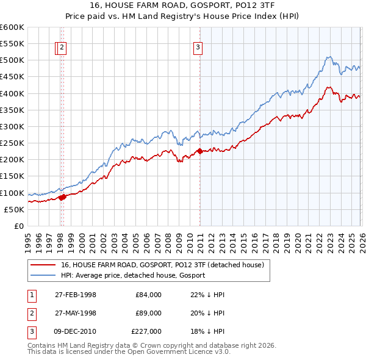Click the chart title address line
click(x=182, y=6)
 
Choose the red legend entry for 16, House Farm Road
click(x=162, y=265)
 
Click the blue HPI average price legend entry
click(x=132, y=275)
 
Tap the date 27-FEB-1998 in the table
click(x=75, y=295)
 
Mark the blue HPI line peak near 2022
click(x=328, y=57)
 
